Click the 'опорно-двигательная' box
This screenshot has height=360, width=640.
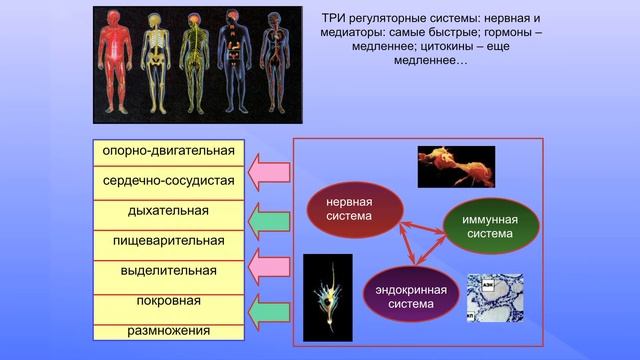(168, 152)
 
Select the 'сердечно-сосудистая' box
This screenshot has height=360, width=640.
(168, 182)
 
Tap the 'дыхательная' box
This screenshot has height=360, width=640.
(168, 212)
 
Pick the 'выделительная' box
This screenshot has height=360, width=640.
(168, 271)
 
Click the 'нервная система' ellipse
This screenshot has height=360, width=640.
(355, 209)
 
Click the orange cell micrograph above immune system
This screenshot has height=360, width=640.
(455, 166)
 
